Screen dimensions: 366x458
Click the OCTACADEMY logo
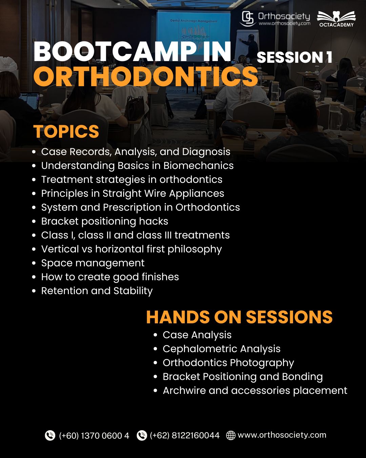[x=336, y=19]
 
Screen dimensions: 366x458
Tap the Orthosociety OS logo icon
[x=247, y=18]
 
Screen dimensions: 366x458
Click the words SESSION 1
[x=294, y=57]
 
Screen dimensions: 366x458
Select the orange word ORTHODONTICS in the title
[x=146, y=76]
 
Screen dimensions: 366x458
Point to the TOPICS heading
[x=66, y=131]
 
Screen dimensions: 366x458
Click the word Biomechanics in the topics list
[x=198, y=166]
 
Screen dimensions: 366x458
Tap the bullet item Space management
[x=93, y=263]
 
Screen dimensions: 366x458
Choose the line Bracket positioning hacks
[x=105, y=221]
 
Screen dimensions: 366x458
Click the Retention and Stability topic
[x=97, y=291]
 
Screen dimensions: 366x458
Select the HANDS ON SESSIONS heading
[x=239, y=317]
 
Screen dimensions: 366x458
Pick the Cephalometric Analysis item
[x=221, y=349]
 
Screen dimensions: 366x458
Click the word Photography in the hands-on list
[x=262, y=363]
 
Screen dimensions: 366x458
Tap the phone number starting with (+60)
[x=94, y=436]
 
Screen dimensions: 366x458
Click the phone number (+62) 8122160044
[x=185, y=436]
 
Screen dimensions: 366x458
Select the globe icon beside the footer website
[x=230, y=435]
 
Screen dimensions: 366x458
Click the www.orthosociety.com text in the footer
[x=282, y=435]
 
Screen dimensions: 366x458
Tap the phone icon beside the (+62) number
[x=142, y=435]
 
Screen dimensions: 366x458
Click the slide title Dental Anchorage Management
[x=194, y=21]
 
